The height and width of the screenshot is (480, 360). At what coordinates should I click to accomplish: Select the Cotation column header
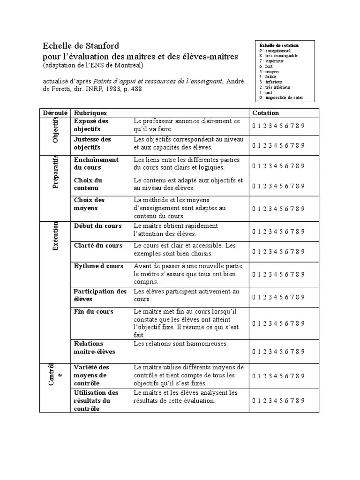265,113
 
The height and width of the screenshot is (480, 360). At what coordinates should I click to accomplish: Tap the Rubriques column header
90,113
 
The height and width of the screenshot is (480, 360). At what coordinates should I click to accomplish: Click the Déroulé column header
55,113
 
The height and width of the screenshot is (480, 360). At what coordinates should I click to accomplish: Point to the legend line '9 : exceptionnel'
275,51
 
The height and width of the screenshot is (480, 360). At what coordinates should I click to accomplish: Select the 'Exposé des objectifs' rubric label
91,125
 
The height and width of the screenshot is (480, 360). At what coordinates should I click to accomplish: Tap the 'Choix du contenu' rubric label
88,184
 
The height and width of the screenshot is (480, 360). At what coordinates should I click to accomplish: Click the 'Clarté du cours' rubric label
98,246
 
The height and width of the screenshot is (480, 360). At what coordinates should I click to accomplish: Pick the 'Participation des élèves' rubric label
100,295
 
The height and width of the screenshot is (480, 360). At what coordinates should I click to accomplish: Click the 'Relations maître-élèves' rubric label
94,348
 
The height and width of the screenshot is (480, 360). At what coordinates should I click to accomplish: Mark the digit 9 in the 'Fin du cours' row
303,323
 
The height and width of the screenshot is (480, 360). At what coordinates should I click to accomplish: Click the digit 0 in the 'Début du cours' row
254,232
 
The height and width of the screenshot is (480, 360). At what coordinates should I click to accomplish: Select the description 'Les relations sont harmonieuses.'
180,344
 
